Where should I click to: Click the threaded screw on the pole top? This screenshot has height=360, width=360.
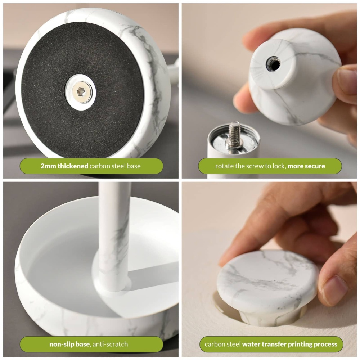coord(235,134)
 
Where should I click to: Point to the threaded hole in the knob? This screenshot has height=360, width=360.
coord(273,64)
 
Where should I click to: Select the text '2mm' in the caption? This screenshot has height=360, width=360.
coord(48,166)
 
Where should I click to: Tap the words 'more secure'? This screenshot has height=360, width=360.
coord(306,166)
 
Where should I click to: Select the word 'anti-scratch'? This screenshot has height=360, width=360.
coord(110,344)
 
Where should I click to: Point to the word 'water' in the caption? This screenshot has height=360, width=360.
coord(252,344)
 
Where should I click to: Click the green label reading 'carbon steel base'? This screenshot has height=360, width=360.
coord(91,166)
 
